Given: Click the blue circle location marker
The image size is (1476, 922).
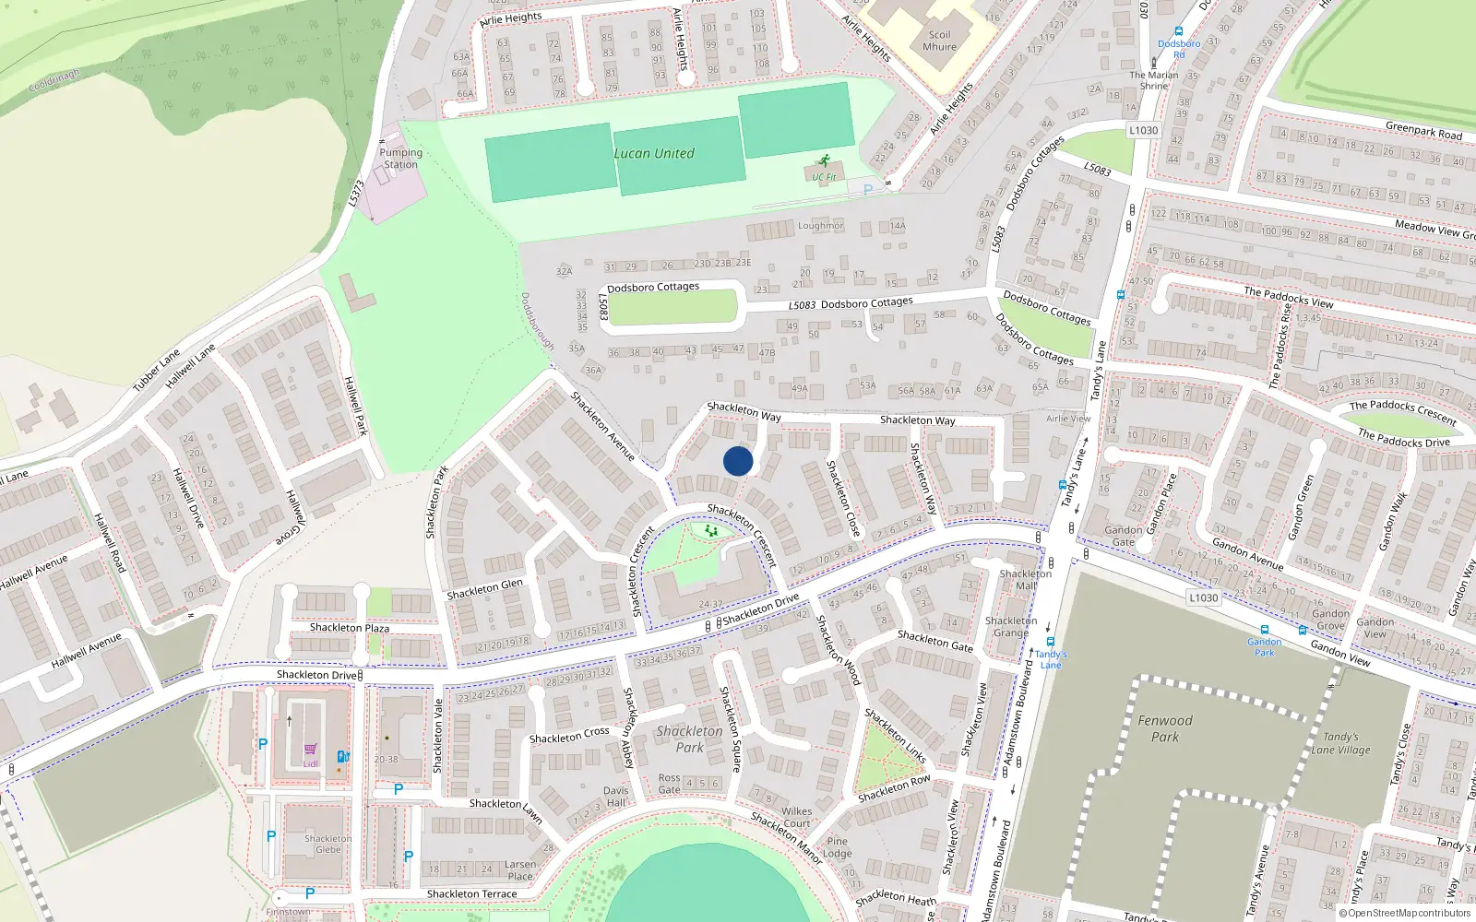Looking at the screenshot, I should tap(738, 461).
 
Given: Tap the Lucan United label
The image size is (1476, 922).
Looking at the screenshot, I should tap(654, 154).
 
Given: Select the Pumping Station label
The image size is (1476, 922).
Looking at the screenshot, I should tap(400, 159).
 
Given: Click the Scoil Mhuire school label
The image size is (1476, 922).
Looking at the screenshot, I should tap(939, 41).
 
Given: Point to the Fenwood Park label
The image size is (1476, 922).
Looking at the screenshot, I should tap(1164, 728).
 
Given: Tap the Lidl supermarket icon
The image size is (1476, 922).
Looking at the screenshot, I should tap(310, 750).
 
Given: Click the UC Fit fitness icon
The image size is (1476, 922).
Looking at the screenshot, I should tap(823, 161).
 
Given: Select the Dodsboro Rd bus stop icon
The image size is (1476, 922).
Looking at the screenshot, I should tap(1179, 31).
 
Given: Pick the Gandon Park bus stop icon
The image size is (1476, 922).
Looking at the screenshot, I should tap(1264, 630).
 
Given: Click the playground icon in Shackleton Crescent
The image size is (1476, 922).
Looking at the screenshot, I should tap(710, 531).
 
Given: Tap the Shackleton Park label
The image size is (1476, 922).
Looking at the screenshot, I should tap(690, 739).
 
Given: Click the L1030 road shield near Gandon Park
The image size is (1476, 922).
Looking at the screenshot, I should tap(1203, 597).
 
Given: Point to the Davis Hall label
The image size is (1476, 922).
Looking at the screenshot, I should tap(615, 797).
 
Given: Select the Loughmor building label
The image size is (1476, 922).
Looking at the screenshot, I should tap(820, 226).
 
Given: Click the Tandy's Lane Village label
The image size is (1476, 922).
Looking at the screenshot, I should tap(1340, 743).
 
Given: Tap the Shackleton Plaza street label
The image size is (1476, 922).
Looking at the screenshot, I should tap(349, 628).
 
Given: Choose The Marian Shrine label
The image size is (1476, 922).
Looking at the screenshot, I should tap(1154, 80).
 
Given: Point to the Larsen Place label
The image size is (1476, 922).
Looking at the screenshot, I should tap(519, 870).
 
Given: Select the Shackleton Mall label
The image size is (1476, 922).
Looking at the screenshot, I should tap(1025, 579).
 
